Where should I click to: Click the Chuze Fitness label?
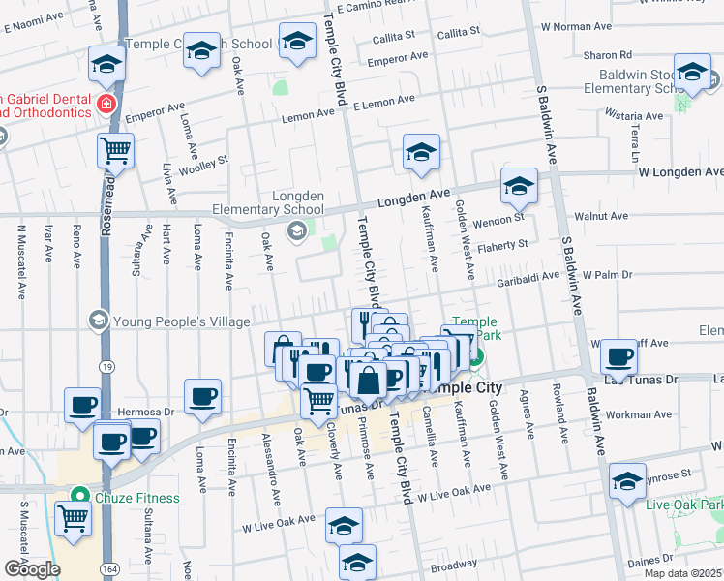(136, 498)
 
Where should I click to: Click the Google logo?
(31, 569)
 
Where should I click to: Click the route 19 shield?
(105, 366)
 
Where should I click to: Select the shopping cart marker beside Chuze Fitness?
(73, 518)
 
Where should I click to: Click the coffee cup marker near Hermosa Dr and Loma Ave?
(202, 396)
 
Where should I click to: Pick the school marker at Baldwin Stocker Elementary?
(692, 74)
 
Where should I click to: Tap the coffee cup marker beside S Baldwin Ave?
(618, 356)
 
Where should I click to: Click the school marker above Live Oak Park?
(627, 481)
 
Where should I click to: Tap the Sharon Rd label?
(612, 55)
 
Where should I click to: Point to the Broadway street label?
(454, 564)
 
